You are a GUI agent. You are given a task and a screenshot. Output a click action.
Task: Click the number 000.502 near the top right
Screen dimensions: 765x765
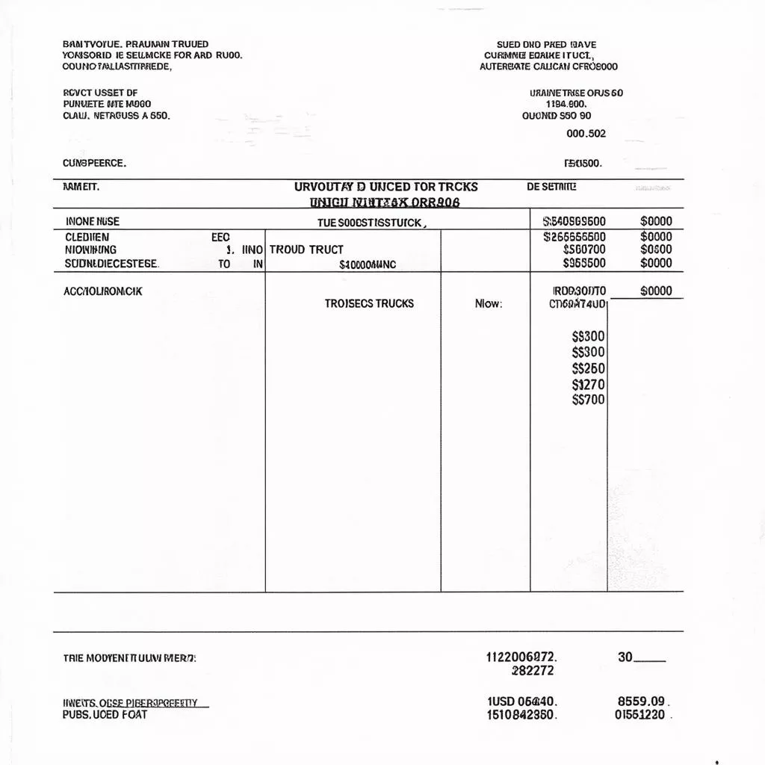click(x=586, y=134)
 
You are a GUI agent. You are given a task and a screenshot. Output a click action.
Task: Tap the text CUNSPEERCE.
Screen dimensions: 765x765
click(x=94, y=162)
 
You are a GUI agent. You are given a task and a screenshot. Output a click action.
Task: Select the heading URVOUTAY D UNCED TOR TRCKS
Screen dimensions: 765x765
click(x=385, y=187)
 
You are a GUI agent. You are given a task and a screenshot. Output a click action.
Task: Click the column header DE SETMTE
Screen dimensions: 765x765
click(x=551, y=187)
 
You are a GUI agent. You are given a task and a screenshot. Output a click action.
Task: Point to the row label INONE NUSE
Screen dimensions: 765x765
click(x=92, y=221)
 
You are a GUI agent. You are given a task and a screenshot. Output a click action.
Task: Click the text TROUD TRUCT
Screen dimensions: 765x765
click(x=306, y=250)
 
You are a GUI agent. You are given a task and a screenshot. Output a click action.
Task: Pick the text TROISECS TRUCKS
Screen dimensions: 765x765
click(x=369, y=303)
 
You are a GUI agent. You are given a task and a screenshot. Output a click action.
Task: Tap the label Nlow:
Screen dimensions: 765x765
click(x=489, y=304)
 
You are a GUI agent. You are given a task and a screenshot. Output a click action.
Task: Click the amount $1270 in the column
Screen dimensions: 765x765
click(x=588, y=385)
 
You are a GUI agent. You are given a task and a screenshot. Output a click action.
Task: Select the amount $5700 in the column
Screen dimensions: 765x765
click(x=588, y=400)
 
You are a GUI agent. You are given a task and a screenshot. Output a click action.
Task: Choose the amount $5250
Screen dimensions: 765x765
click(x=588, y=368)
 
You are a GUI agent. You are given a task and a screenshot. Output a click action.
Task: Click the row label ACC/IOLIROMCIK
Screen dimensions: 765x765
click(x=103, y=291)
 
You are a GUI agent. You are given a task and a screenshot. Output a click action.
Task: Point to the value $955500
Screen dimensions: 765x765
click(x=584, y=263)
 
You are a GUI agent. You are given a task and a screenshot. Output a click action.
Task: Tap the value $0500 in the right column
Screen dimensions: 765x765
click(x=656, y=250)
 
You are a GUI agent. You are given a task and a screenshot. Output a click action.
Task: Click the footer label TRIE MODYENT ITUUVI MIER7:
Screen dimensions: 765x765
click(x=130, y=658)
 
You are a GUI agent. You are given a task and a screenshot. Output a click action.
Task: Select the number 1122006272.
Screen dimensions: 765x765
click(x=521, y=657)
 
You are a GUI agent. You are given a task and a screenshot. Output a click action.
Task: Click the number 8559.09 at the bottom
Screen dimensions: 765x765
click(x=641, y=701)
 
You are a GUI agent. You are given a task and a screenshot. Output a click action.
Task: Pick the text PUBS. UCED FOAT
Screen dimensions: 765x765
click(x=105, y=714)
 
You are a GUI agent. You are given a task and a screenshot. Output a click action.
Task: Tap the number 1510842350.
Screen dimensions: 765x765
click(x=521, y=715)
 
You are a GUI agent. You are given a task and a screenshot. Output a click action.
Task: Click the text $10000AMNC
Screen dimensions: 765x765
click(x=368, y=264)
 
